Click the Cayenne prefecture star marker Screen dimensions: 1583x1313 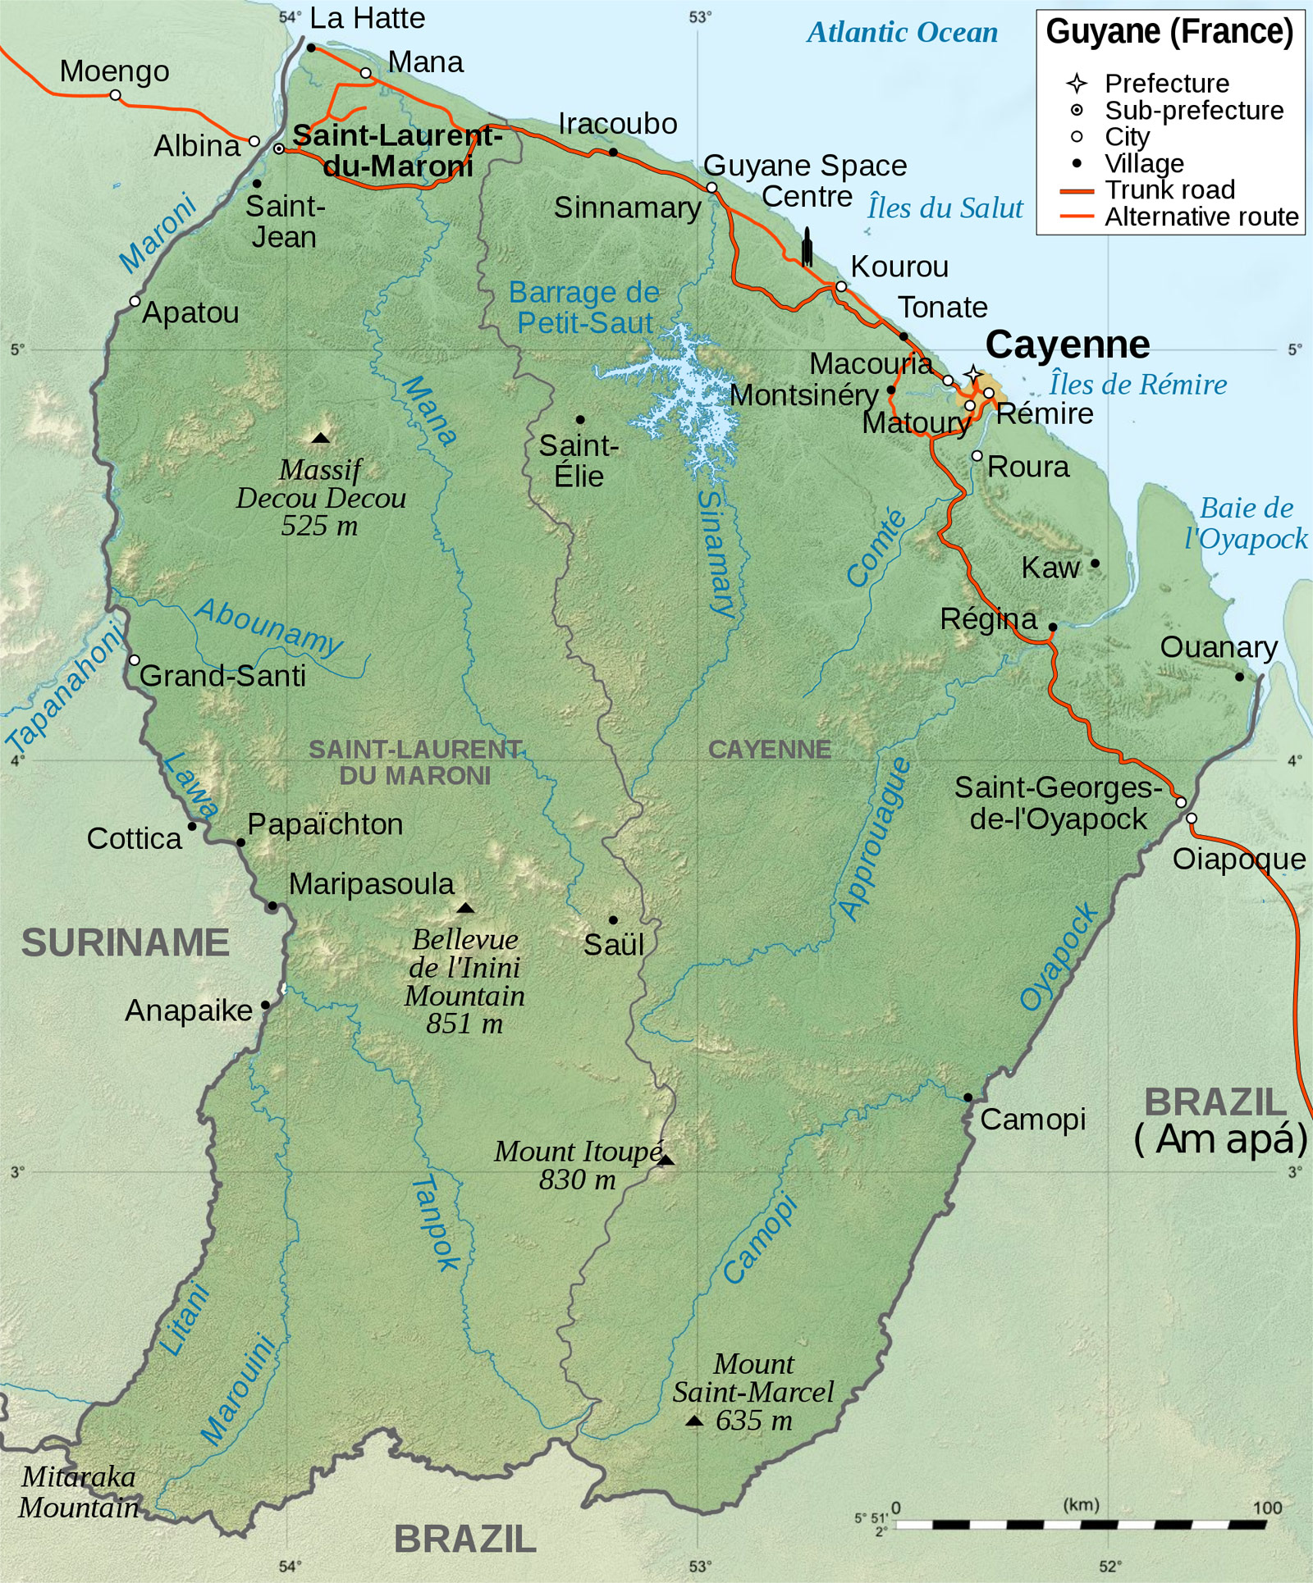[x=972, y=375]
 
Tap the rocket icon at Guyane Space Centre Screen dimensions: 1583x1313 [x=807, y=247]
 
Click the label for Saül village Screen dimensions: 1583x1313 [x=613, y=945]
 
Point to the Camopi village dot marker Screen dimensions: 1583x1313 [x=968, y=1097]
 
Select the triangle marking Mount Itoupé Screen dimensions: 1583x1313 [x=666, y=1160]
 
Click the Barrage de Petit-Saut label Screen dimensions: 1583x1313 [x=584, y=308]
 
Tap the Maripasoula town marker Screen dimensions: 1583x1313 [x=272, y=906]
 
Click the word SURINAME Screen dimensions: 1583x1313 [x=125, y=942]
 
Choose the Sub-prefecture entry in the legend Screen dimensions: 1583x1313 [x=1193, y=110]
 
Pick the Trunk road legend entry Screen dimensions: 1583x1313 [x=1169, y=189]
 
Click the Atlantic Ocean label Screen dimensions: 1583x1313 [x=902, y=33]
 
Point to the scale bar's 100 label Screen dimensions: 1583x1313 [x=1267, y=1508]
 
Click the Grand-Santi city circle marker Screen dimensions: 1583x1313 [x=135, y=660]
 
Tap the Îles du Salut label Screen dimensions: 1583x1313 [x=945, y=208]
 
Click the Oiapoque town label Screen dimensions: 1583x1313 [x=1238, y=859]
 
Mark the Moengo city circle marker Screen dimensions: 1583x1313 [x=116, y=95]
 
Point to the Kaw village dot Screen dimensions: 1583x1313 [x=1095, y=563]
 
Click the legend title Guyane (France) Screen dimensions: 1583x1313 [x=1169, y=32]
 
